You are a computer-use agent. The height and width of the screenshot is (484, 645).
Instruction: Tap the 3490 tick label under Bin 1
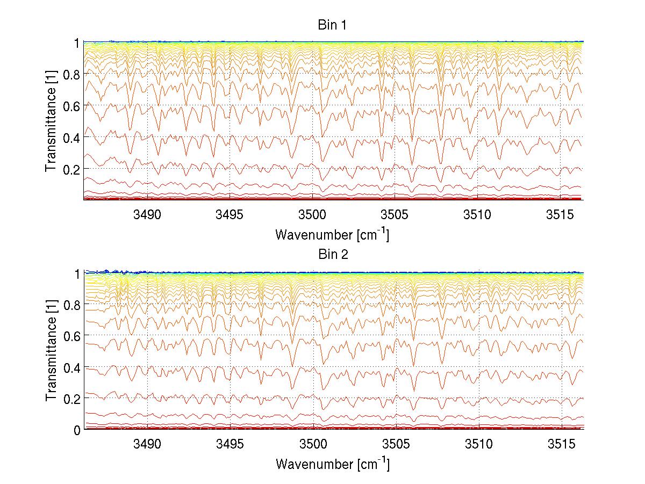click(x=147, y=215)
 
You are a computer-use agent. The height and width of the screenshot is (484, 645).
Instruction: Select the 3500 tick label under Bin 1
click(x=313, y=215)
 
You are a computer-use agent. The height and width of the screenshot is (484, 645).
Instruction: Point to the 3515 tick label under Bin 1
click(x=561, y=215)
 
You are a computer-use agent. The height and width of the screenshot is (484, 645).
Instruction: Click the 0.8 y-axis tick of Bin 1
click(x=71, y=74)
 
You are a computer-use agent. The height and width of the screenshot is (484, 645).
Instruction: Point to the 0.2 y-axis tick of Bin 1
click(x=71, y=169)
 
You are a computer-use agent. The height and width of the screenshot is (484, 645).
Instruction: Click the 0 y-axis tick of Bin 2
click(x=77, y=430)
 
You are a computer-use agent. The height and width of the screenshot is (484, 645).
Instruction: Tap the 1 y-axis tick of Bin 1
click(x=77, y=42)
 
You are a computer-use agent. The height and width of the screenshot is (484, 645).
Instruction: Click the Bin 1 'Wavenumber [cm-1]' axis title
click(x=332, y=234)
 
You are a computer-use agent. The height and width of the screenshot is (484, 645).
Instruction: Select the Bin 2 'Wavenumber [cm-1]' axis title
click(x=332, y=464)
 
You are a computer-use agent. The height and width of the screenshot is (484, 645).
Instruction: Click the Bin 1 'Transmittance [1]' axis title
click(x=51, y=121)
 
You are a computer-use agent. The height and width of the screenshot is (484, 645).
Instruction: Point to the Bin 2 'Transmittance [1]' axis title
click(x=51, y=351)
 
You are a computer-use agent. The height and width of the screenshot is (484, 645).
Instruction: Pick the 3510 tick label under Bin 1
click(x=478, y=215)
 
